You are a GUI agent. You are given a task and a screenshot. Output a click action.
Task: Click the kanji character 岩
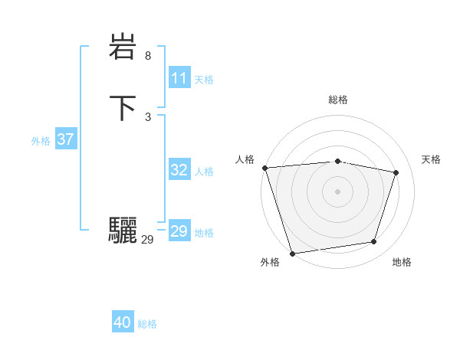pyautogui.click(x=123, y=48)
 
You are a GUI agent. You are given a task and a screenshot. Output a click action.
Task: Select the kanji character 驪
pyautogui.click(x=123, y=231)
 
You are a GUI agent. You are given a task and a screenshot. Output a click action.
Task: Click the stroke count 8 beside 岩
pyautogui.click(x=148, y=56)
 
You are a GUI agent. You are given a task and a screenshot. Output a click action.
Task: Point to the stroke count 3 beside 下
pyautogui.click(x=148, y=116)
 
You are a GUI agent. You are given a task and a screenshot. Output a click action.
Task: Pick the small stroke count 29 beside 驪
pyautogui.click(x=147, y=240)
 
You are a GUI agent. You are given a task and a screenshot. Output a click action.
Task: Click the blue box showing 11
pyautogui.click(x=179, y=78)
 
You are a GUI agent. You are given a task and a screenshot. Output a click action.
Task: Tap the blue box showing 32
pyautogui.click(x=179, y=170)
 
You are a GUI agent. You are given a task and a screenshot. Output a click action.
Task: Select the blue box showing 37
pyautogui.click(x=65, y=139)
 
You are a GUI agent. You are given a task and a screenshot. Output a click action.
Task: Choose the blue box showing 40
pyautogui.click(x=123, y=322)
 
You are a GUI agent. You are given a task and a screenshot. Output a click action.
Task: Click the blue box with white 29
pyautogui.click(x=179, y=231)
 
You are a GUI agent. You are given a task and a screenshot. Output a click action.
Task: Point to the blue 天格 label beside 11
pyautogui.click(x=204, y=80)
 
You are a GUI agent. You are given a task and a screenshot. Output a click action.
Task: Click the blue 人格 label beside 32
pyautogui.click(x=204, y=172)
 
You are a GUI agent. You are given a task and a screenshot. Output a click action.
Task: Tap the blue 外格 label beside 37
pyautogui.click(x=41, y=141)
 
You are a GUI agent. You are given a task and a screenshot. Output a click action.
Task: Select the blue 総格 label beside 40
pyautogui.click(x=147, y=324)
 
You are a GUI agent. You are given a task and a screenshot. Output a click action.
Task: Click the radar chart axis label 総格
pyautogui.click(x=337, y=100)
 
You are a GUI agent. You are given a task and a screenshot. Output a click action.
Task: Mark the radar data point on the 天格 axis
pyautogui.click(x=396, y=172)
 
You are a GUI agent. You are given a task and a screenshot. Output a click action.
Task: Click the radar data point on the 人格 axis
pyautogui.click(x=264, y=168)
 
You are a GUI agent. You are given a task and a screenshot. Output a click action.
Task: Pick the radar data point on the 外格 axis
pyautogui.click(x=292, y=253)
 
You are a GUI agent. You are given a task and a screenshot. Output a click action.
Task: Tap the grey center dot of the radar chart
pyautogui.click(x=337, y=191)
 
